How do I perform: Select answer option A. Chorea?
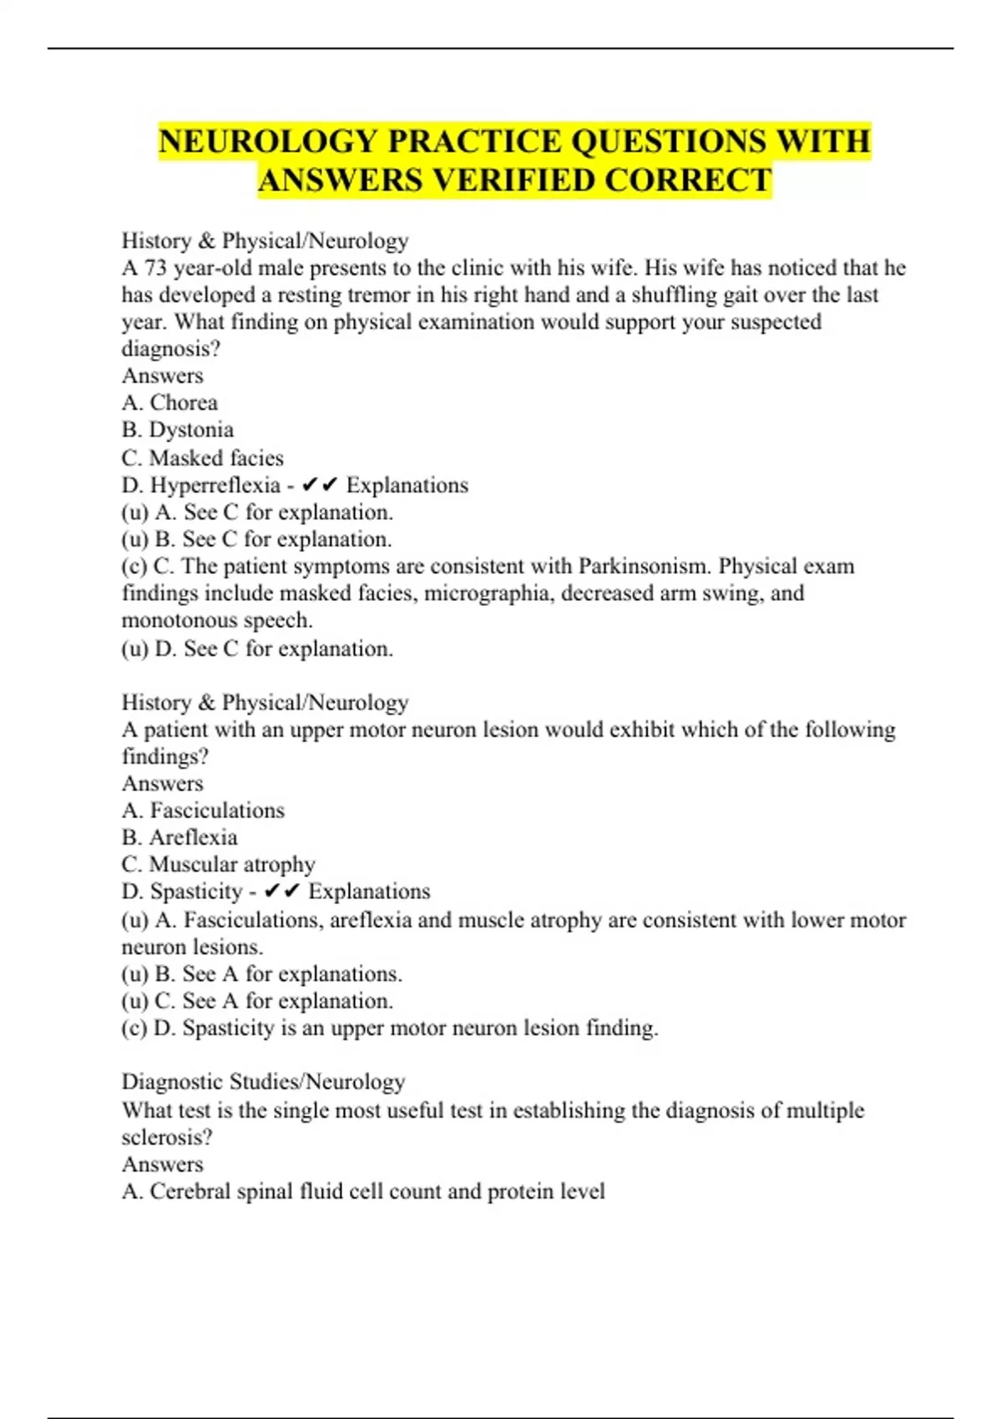pyautogui.click(x=170, y=402)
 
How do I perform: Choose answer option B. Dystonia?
pyautogui.click(x=177, y=430)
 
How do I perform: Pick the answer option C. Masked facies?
pyautogui.click(x=202, y=457)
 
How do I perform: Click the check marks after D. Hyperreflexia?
pyautogui.click(x=320, y=485)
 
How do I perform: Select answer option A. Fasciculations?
pyautogui.click(x=203, y=810)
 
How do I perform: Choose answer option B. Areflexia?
pyautogui.click(x=180, y=837)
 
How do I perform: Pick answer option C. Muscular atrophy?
pyautogui.click(x=218, y=865)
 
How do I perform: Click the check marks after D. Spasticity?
pyautogui.click(x=281, y=891)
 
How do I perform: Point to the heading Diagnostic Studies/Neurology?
pyautogui.click(x=263, y=1082)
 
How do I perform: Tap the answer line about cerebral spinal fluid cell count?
pyautogui.click(x=363, y=1191)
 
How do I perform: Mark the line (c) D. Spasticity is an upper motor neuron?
pyautogui.click(x=389, y=1028)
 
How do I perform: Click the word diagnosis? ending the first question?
pyautogui.click(x=171, y=348)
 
